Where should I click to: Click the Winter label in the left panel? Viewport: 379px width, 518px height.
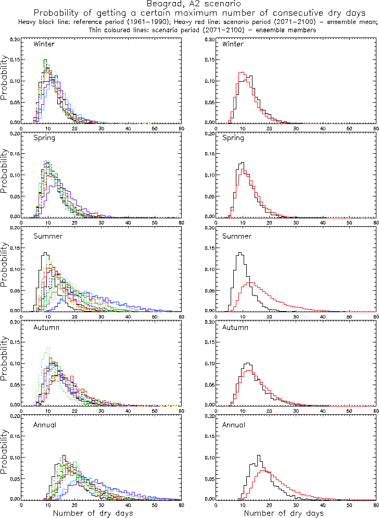pyautogui.click(x=44, y=44)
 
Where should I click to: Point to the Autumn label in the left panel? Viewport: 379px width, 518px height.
pyautogui.click(x=46, y=328)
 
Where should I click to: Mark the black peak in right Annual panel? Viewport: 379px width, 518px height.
pyautogui.click(x=259, y=455)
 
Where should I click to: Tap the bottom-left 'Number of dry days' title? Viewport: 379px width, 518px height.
pyautogui.click(x=93, y=513)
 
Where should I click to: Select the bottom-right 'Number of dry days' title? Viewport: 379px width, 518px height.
pyautogui.click(x=284, y=513)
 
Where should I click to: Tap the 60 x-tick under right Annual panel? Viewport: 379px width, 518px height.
pyautogui.click(x=376, y=504)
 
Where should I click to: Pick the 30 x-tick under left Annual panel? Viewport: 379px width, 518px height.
pyautogui.click(x=101, y=504)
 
